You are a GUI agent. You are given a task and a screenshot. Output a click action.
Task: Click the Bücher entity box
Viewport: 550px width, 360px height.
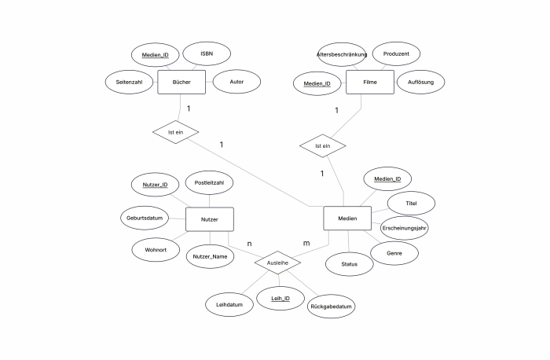181,82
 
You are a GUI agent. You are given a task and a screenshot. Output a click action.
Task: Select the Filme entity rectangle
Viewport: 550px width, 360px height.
370,82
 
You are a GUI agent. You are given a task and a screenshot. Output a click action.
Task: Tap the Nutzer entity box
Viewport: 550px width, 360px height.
210,219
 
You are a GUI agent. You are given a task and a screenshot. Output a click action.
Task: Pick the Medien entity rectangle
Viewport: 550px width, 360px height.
347,219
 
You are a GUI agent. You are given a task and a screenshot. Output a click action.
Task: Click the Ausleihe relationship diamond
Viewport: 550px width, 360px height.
277,263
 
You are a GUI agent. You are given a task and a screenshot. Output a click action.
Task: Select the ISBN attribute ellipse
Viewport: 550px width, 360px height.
207,53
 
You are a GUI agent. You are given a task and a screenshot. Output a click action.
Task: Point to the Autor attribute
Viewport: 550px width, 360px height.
236,82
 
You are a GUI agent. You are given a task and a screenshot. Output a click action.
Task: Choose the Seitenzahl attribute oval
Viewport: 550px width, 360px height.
129,82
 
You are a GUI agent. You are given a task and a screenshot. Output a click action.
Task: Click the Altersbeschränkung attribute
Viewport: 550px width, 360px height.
342,54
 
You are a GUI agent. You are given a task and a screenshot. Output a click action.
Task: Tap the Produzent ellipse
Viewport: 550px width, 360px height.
396,53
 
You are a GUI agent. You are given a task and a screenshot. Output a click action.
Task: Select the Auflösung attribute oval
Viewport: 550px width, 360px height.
421,82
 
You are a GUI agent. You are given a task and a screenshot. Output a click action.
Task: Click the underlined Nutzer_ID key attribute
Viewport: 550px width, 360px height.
155,185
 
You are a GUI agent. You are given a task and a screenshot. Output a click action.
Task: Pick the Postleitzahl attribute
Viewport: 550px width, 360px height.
209,182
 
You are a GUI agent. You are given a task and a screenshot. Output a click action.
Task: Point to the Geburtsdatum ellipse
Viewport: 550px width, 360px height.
145,218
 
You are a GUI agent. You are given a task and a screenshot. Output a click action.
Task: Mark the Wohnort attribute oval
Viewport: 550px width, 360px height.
156,250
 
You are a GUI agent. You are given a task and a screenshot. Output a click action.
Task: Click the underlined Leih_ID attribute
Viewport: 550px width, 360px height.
280,298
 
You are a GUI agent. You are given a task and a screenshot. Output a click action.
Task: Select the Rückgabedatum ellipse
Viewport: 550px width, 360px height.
331,307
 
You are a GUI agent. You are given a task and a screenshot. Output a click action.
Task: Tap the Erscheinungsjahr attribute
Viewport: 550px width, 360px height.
404,228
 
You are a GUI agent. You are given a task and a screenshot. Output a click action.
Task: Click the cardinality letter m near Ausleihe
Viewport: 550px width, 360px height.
306,243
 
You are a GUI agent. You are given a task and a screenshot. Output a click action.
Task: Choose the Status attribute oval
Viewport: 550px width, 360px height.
350,264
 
